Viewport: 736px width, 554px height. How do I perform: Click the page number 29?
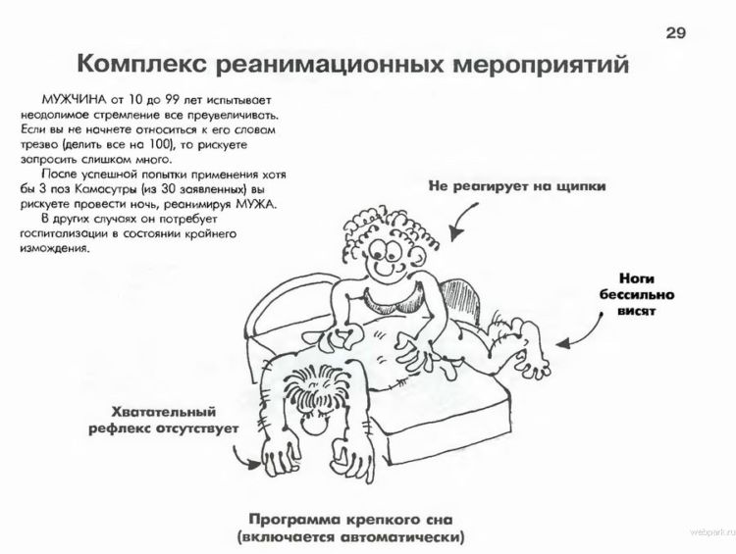click(676, 32)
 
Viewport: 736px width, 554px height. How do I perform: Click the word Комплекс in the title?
click(141, 64)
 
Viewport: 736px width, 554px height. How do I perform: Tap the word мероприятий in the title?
click(541, 65)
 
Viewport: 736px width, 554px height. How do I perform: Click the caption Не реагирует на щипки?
click(517, 186)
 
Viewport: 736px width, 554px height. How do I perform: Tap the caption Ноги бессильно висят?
click(637, 294)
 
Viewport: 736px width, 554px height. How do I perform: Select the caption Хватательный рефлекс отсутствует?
click(163, 421)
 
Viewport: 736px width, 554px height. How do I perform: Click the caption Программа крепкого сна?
click(350, 520)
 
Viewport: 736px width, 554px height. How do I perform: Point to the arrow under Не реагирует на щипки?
click(460, 221)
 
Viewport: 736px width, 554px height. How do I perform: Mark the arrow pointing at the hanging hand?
click(241, 459)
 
